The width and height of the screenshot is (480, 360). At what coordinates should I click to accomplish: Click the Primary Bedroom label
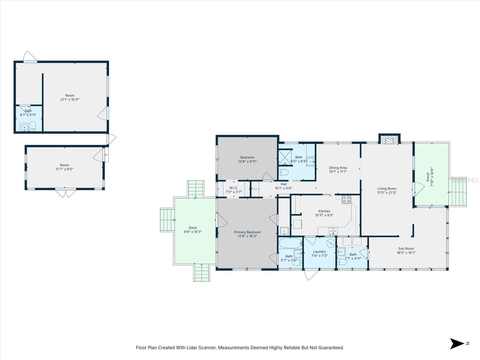247,232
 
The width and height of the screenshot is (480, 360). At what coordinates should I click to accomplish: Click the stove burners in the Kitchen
346,199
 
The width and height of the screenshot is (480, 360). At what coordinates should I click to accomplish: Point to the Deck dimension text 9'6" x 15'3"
193,232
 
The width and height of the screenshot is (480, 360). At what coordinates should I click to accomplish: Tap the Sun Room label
406,248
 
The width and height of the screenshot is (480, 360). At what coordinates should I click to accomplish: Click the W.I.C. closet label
234,188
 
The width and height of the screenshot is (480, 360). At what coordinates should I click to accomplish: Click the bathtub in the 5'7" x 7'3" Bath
290,242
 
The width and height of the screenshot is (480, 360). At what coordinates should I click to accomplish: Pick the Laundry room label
319,252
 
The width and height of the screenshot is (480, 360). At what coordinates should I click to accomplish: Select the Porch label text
428,177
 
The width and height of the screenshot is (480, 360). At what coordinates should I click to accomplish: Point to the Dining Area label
338,168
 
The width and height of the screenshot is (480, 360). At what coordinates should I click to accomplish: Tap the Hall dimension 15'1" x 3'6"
283,188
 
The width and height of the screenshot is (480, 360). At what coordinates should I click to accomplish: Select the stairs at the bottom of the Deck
202,273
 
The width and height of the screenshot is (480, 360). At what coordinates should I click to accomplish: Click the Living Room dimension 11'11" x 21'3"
387,193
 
